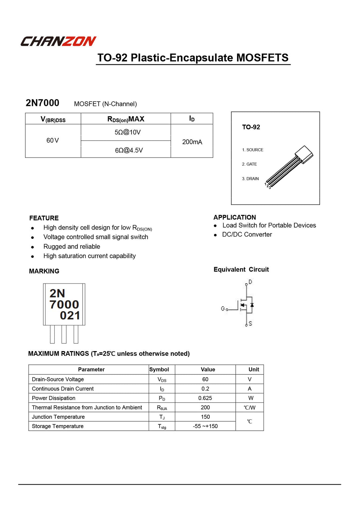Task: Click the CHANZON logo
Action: tap(58, 41)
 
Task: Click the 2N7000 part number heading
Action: tap(42, 103)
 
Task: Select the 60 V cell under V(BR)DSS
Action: tap(53, 141)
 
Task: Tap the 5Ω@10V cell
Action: tap(128, 132)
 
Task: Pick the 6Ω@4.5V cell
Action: tap(129, 150)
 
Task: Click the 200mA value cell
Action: tap(192, 142)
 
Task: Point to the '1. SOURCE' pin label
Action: tap(253, 150)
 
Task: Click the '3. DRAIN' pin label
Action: tap(250, 179)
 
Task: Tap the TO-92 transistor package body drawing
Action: tap(304, 155)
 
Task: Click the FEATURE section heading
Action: tap(44, 218)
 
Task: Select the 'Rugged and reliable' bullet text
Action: tap(72, 247)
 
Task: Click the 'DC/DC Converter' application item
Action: tap(247, 235)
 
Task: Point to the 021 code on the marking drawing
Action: tap(70, 315)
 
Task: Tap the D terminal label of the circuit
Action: tap(250, 282)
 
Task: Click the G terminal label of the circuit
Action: tap(223, 308)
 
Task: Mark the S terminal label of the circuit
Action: tap(250, 323)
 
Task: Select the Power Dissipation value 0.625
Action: tap(205, 398)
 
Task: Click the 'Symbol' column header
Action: tap(159, 369)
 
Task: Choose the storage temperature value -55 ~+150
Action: tap(205, 426)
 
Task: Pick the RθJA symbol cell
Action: tap(162, 408)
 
